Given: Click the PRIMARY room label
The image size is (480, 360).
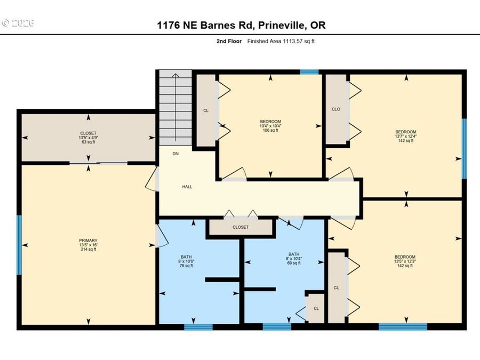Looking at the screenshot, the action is click(x=88, y=241).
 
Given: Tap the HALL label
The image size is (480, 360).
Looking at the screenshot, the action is click(x=187, y=187).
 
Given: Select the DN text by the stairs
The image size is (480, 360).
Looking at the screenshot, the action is click(x=175, y=154).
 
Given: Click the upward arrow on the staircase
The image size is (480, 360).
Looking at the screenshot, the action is click(x=175, y=107).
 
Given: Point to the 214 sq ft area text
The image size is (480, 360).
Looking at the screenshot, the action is click(x=88, y=249).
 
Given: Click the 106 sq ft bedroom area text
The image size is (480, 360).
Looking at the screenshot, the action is click(x=270, y=130).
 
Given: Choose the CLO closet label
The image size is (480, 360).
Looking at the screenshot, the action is click(x=336, y=109).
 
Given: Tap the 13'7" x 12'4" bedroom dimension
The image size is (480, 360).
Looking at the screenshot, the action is click(x=406, y=136).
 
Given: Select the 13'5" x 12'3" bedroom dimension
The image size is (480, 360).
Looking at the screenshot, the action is click(x=405, y=261).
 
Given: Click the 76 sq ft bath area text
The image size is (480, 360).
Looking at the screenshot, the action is click(x=186, y=266).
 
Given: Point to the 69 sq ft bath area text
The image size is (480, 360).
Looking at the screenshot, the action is click(x=293, y=263).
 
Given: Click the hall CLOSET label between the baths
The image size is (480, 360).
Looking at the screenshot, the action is click(x=241, y=227).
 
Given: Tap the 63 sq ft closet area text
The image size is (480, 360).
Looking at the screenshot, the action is click(x=88, y=142).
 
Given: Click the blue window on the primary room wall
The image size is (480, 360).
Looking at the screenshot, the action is click(x=19, y=245).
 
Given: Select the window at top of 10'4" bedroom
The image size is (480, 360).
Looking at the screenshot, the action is click(x=309, y=72).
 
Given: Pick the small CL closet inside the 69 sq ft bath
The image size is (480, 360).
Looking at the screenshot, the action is click(x=316, y=309).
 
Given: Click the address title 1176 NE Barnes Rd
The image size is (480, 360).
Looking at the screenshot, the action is click(x=205, y=25).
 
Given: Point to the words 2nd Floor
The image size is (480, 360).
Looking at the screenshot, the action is click(x=229, y=41).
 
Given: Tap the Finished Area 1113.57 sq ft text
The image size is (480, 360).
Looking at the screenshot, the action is click(x=281, y=41).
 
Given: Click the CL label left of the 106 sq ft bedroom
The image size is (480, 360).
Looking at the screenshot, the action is click(x=206, y=110).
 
